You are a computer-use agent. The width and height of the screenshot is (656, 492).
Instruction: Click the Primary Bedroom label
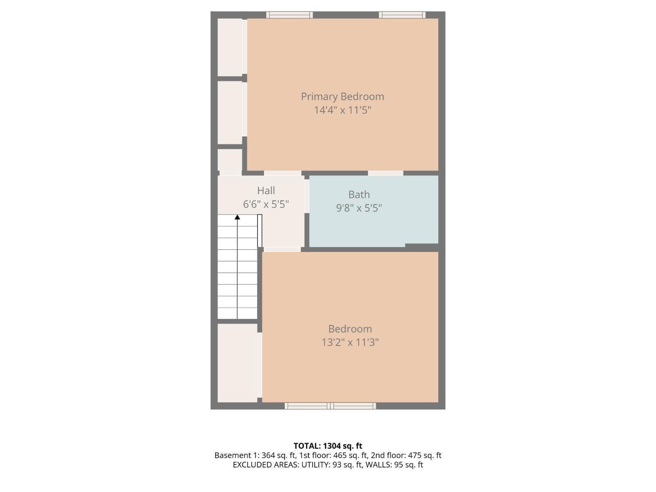point(342,97)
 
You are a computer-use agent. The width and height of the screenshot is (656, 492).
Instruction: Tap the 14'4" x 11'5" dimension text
point(342,110)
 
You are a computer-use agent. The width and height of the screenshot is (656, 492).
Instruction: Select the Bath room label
point(359,195)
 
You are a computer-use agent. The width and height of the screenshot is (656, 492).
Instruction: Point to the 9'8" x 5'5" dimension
point(359,208)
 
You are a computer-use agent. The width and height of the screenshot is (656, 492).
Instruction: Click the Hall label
point(266,191)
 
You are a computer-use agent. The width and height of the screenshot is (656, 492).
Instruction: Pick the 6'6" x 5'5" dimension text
point(266,204)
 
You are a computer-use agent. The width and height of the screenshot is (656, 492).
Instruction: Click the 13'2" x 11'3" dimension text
point(350,342)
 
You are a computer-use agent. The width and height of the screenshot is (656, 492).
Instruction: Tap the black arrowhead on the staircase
point(237,217)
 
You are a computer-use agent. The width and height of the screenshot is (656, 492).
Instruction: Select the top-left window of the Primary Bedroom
point(290,15)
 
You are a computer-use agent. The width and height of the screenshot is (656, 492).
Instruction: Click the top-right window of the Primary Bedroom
point(402,15)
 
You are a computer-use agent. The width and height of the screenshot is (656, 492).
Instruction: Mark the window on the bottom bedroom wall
point(330,406)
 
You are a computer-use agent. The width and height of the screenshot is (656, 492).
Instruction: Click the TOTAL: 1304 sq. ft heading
point(328,446)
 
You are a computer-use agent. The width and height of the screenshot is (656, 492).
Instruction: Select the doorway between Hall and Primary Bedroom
point(283,173)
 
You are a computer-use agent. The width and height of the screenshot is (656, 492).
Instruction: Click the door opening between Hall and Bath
point(307,195)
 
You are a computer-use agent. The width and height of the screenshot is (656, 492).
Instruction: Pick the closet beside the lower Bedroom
point(237,363)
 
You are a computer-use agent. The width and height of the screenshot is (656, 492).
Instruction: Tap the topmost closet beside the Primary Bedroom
point(230,47)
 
